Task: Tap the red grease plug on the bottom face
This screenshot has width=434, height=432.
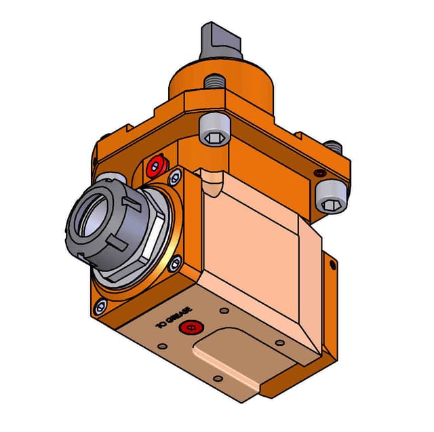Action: click(x=191, y=329)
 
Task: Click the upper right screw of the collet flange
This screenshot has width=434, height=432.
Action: click(x=176, y=178)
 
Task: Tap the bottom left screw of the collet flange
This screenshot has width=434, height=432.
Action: click(x=100, y=307)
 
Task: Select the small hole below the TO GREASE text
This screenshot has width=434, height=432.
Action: click(x=161, y=346)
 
